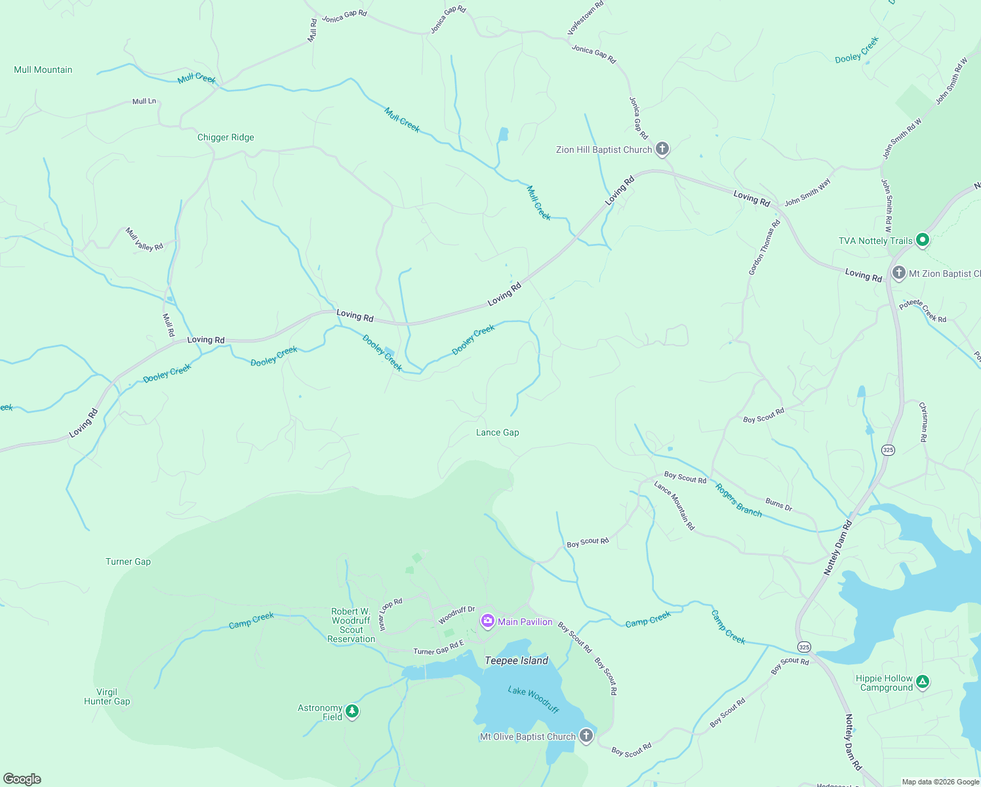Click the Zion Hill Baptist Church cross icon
[662, 149]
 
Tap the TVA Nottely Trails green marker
[922, 240]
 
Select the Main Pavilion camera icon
[487, 621]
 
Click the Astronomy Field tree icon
[352, 711]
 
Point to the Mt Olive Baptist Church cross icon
[586, 736]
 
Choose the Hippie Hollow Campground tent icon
[923, 682]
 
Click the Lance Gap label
[497, 433]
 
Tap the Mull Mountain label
[43, 70]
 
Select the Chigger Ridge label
[226, 138]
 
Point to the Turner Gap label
[128, 562]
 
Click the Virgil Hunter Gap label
[107, 697]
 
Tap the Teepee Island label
[516, 661]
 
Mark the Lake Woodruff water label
[533, 699]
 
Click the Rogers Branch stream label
[738, 500]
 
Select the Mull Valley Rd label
[144, 239]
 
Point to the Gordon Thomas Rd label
[765, 247]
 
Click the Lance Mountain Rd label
[674, 506]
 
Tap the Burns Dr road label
[778, 504]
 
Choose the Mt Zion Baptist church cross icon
[898, 273]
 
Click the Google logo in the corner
[22, 779]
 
